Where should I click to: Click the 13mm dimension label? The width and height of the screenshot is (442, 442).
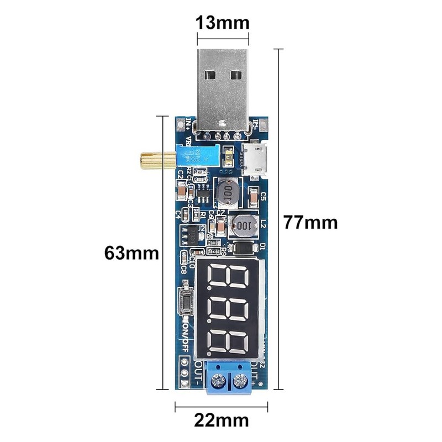pyautogui.click(x=222, y=23)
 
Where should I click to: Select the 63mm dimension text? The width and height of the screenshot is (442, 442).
pyautogui.click(x=132, y=254)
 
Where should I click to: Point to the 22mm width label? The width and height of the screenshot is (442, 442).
pyautogui.click(x=222, y=419)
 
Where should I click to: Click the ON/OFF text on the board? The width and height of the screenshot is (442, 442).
pyautogui.click(x=186, y=337)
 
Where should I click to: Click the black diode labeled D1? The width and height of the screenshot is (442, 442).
pyautogui.click(x=242, y=248)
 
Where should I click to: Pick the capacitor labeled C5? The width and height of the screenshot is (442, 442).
pyautogui.click(x=254, y=196)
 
